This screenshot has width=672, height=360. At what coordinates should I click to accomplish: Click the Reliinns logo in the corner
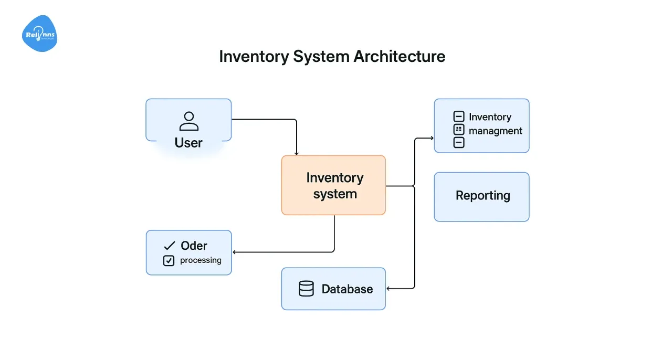coord(39,34)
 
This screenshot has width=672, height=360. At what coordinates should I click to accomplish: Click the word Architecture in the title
coord(399,56)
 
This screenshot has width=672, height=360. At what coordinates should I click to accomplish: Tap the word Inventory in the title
coord(254,56)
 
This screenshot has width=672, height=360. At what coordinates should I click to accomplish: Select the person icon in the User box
coord(188,121)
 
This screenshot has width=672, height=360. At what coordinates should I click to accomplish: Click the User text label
coord(188,143)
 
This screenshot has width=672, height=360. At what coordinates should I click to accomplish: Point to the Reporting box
coord(481,196)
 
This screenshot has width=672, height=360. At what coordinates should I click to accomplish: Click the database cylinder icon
coord(306,289)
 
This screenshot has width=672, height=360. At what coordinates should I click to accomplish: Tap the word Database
coord(347,289)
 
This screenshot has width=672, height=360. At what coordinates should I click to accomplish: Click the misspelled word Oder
coord(194,246)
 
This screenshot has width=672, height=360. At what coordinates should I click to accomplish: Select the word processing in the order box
coord(201,260)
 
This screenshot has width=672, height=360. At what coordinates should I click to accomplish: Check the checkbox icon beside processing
coord(169,260)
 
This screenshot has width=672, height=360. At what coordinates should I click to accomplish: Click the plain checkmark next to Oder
coord(169,246)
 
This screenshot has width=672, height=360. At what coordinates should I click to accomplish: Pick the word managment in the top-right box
coord(495,131)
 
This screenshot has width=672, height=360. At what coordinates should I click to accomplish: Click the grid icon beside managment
coord(458,130)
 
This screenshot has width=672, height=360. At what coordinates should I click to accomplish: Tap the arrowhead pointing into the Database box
coord(389,289)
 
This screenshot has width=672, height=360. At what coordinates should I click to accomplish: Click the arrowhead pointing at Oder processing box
coord(235,252)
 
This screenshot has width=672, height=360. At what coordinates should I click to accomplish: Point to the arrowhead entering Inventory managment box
coord(432,139)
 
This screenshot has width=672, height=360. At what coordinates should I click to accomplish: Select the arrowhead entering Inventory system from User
coord(297,153)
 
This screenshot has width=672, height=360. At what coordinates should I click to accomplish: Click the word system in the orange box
coord(335,194)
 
